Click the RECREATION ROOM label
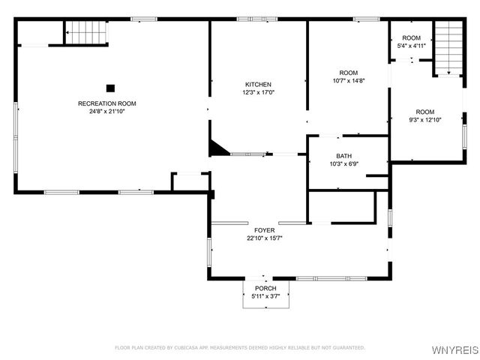107,103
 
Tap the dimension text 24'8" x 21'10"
107,112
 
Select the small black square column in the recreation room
110,88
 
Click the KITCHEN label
258,85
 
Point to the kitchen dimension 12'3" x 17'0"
258,93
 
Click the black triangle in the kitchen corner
217,148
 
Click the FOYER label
264,230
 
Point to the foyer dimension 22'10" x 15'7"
264,238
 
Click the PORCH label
265,289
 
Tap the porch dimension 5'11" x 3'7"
265,296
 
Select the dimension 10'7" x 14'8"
348,81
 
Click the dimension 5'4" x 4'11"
411,46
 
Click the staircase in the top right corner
448,47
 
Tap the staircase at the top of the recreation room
85,33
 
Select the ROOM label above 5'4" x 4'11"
411,38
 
